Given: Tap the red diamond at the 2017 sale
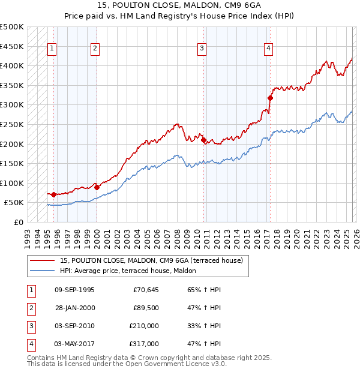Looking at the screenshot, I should pos(270,98).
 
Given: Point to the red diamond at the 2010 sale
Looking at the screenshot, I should pos(204,140).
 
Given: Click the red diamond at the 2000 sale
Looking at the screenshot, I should pos(97,187).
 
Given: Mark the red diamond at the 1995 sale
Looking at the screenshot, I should pos(54,194).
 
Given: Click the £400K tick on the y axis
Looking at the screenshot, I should pos(12,65).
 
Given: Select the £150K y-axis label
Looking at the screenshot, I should pos(12,163).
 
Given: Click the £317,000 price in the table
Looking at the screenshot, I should pos(144,344).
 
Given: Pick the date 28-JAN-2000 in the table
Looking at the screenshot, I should pos(74,308).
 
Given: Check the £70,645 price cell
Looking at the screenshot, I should pos(146,290).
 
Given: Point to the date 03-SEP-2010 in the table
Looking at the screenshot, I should pos(74,326).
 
